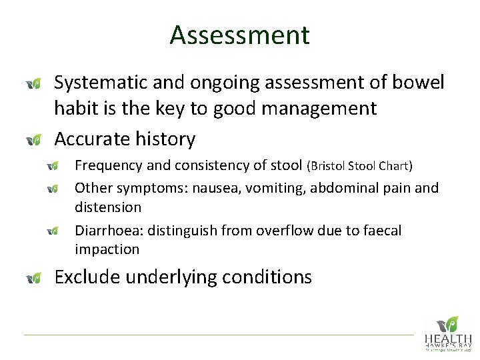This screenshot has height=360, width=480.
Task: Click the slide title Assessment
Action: point(239,35)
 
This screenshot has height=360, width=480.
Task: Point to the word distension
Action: point(108,207)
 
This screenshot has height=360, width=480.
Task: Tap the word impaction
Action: point(107,250)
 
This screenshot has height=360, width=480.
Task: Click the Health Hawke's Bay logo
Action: point(447,333)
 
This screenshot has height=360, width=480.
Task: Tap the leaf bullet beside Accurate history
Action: point(34,140)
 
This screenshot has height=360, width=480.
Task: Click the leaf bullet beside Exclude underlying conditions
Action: point(34,277)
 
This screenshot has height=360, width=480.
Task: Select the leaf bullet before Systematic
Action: point(34,83)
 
